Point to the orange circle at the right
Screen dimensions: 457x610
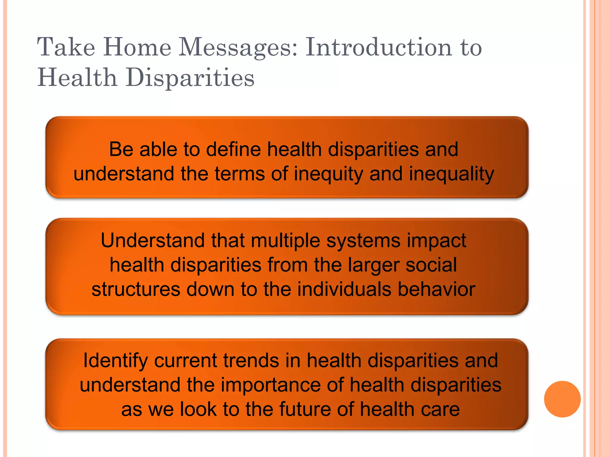pyautogui.click(x=562, y=399)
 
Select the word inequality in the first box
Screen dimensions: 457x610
pyautogui.click(x=451, y=174)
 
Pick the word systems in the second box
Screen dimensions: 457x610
pyautogui.click(x=363, y=241)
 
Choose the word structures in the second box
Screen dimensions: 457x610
pyautogui.click(x=136, y=289)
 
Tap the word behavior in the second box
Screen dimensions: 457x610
pyautogui.click(x=436, y=289)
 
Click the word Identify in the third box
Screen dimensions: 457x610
pyautogui.click(x=115, y=361)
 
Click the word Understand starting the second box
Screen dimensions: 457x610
pyautogui.click(x=152, y=240)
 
